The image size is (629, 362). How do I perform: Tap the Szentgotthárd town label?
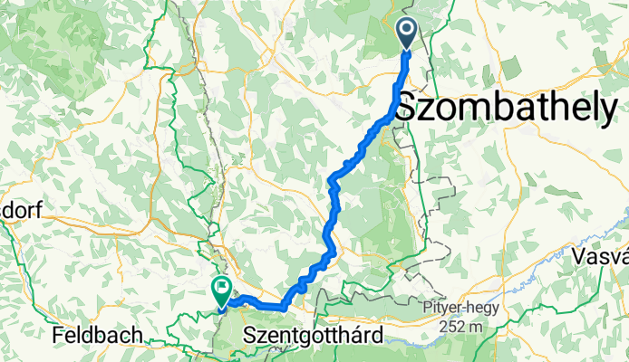[314, 336]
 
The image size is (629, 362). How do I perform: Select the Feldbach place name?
[97, 336]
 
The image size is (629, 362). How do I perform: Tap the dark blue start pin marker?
[405, 34]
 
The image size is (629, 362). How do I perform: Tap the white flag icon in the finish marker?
[221, 288]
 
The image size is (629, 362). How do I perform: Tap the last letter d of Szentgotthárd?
[374, 336]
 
